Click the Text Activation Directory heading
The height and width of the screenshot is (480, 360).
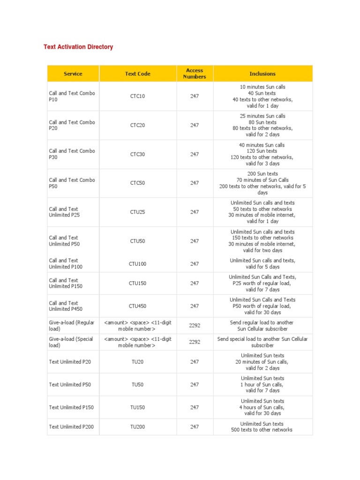[78, 47]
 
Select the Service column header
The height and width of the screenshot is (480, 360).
[73, 74]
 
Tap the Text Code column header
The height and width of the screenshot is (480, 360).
[137, 74]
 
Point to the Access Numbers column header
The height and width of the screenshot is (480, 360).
[194, 74]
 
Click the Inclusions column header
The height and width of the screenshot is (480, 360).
[262, 74]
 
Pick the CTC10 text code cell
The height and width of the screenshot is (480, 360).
[137, 96]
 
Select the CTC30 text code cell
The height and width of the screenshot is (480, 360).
[137, 154]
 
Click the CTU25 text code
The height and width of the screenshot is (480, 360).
[137, 212]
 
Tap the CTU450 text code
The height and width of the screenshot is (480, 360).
[137, 306]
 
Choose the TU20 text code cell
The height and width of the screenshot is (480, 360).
[137, 362]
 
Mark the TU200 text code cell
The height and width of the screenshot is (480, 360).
[137, 427]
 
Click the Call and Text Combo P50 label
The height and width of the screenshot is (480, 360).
[72, 183]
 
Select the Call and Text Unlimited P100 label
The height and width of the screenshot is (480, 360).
[66, 263]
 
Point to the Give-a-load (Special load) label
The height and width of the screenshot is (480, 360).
[71, 342]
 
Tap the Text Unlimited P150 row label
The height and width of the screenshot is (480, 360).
[71, 407]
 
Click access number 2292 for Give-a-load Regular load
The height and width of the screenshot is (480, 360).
[194, 325]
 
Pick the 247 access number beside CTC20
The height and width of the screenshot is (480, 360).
[194, 125]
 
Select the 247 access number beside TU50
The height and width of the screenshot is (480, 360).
[194, 384]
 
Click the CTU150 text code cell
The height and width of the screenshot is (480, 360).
[137, 283]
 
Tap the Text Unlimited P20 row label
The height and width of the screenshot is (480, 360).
[70, 362]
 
